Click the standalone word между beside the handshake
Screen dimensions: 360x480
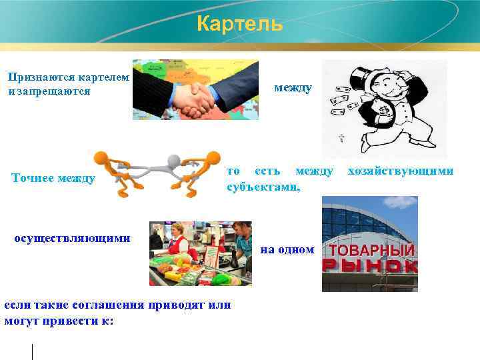(293, 88)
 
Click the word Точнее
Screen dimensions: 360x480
(33, 178)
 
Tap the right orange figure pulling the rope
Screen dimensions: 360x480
(203, 172)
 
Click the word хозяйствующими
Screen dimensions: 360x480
(401, 171)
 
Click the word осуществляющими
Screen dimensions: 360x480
(72, 238)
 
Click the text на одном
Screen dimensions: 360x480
(287, 249)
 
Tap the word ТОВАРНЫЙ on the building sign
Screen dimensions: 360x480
(371, 251)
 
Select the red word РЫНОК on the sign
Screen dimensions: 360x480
(369, 266)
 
